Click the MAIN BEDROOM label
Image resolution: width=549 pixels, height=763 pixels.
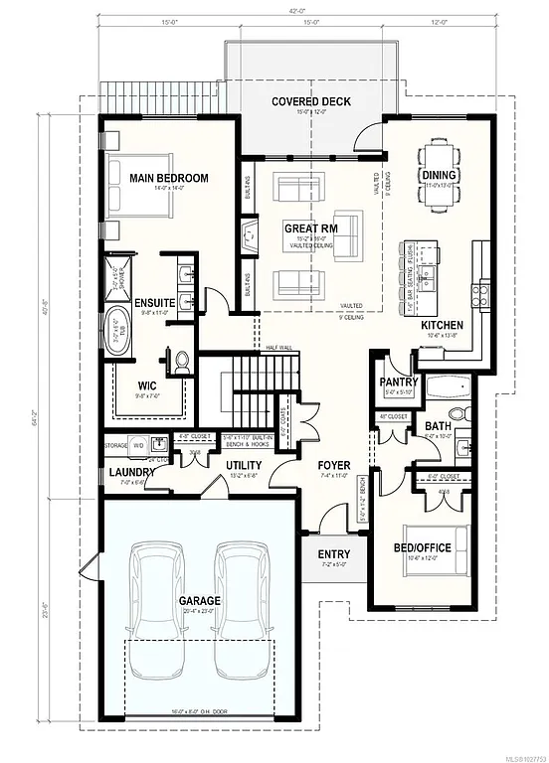click(168, 178)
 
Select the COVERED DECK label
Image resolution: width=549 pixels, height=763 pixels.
click(307, 102)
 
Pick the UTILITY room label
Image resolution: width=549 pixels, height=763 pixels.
click(243, 465)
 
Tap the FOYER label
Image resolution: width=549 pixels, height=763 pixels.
click(332, 465)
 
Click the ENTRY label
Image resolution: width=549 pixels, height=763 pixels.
click(333, 554)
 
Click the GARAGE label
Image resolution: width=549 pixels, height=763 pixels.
click(199, 601)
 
